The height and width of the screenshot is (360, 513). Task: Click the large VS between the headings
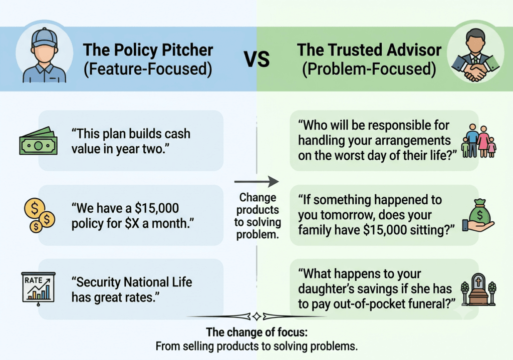[x=257, y=59]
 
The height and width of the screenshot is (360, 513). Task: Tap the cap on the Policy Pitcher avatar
[x=44, y=38]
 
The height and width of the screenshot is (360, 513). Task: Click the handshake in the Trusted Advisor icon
[x=475, y=72]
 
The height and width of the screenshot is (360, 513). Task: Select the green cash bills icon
[x=38, y=141]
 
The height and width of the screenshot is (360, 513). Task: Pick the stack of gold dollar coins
[x=40, y=215]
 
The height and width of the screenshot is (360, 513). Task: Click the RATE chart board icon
[x=38, y=288]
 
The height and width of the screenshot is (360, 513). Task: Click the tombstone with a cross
[x=478, y=289]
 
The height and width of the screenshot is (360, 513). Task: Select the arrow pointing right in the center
[x=256, y=181]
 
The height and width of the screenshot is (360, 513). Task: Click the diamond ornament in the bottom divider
[x=257, y=316]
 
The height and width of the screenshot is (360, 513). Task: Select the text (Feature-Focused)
[x=148, y=69]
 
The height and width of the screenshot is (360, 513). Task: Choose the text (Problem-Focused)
[x=369, y=69]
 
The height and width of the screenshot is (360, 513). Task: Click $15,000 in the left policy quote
[x=157, y=208]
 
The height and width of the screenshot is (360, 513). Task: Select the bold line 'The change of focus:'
[x=257, y=332]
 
